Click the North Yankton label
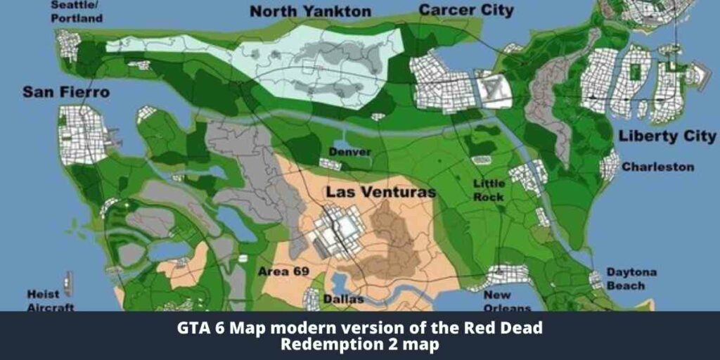(x=310, y=11)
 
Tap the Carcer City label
(x=465, y=10)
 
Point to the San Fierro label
(x=66, y=92)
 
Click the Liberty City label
(x=667, y=136)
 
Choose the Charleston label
(x=657, y=167)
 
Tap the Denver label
(x=349, y=152)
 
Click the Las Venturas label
(x=380, y=192)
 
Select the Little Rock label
(x=489, y=190)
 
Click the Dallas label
(x=343, y=300)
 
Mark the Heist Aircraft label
(x=51, y=301)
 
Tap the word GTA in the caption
(x=189, y=328)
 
